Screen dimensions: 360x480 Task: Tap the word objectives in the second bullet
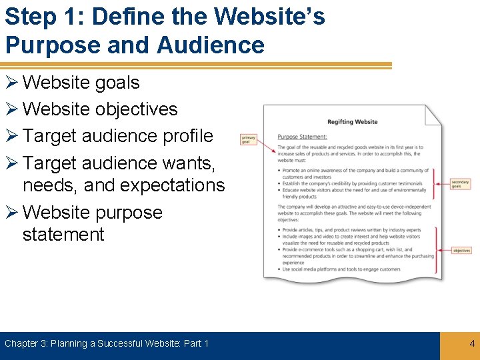[136, 109]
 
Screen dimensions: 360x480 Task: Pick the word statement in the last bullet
[63, 234]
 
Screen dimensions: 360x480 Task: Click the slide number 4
[472, 343]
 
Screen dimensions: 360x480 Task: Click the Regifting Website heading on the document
[352, 121]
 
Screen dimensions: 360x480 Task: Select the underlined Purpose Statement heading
[302, 137]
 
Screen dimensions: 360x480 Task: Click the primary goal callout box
[248, 139]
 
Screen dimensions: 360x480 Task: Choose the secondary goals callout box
[460, 184]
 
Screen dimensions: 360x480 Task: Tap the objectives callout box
[461, 250]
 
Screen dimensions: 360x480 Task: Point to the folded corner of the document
[433, 114]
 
